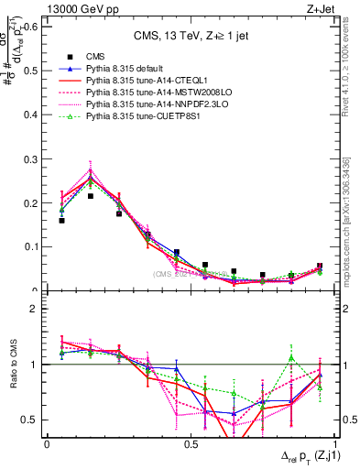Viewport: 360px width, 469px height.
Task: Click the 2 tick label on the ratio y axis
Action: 37,309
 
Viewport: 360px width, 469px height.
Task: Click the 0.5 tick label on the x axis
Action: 191,443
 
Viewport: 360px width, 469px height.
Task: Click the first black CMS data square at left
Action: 61,221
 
